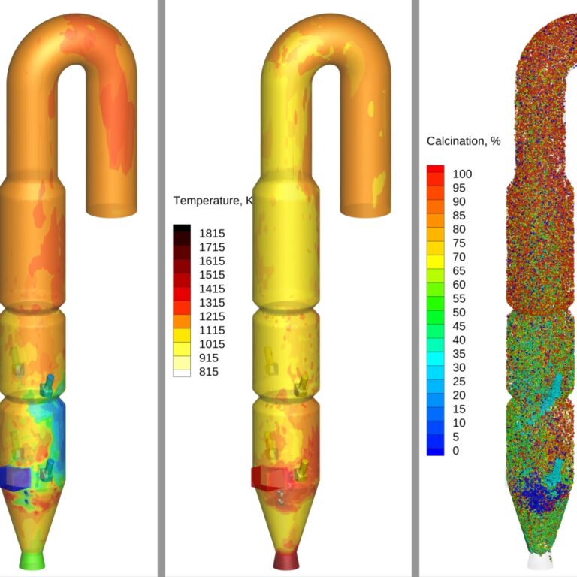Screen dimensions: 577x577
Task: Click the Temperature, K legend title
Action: pyautogui.click(x=213, y=201)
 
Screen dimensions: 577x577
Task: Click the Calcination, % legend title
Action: pyautogui.click(x=464, y=141)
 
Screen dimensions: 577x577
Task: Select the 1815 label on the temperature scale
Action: pyautogui.click(x=212, y=234)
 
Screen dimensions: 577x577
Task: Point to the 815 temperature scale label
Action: pyautogui.click(x=209, y=372)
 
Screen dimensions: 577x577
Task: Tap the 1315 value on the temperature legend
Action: pyautogui.click(x=212, y=303)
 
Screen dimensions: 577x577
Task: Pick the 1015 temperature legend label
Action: pyautogui.click(x=212, y=344)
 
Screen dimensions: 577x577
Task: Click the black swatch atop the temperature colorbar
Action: pyautogui.click(x=182, y=228)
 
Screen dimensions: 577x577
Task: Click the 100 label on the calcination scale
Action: pyautogui.click(x=462, y=174)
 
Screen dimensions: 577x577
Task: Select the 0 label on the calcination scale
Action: pyautogui.click(x=455, y=451)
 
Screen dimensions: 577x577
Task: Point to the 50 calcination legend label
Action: pyautogui.click(x=459, y=312)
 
